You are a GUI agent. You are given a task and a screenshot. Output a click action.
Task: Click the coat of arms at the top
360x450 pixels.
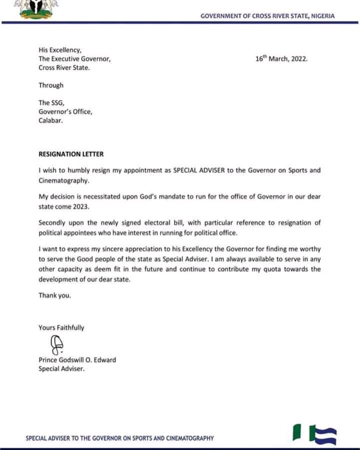pos(35,9)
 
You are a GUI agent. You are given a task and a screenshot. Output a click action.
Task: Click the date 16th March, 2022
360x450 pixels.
pos(281,58)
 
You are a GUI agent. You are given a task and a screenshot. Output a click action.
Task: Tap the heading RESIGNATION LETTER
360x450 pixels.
pos(71,154)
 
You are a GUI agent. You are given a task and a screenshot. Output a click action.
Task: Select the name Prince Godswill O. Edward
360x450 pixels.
pos(77,360)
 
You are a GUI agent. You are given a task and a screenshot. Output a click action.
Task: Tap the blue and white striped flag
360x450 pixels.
pos(323,433)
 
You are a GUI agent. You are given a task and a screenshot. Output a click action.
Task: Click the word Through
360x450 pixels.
pos(51,85)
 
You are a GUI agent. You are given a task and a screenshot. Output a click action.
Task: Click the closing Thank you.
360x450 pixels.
pos(54,295)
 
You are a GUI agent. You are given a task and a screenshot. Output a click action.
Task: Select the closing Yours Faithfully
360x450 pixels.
pos(61,328)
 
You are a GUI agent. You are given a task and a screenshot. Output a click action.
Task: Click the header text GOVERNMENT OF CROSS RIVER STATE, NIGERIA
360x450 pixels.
pos(267,16)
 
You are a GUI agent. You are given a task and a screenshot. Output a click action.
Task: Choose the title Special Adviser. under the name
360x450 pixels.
pos(61,369)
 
